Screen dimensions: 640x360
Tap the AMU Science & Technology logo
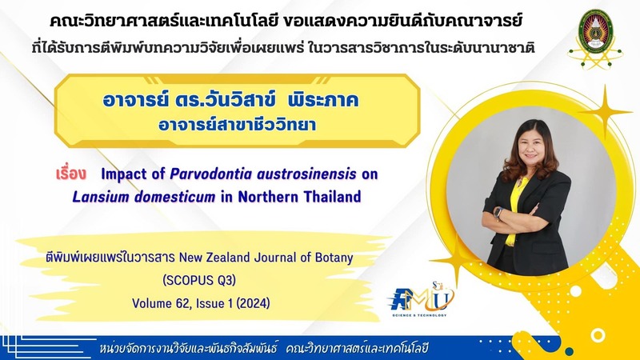pos(421,299)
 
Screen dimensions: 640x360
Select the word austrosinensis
pos(306,174)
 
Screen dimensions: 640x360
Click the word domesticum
pos(174,198)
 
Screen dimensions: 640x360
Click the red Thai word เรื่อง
pos(71,174)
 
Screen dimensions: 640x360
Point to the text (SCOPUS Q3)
pos(199,281)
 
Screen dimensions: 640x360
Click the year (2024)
pos(253,303)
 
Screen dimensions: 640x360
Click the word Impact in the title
pos(124,174)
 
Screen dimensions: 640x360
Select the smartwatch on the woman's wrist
pos(498,213)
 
